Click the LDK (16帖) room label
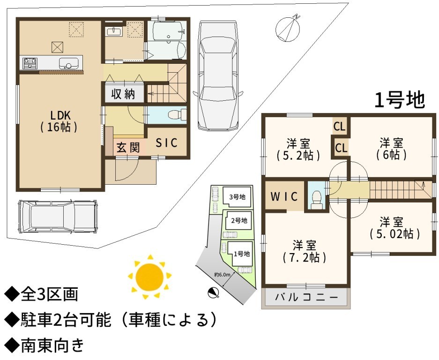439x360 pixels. [x=59, y=121]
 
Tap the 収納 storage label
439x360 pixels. [x=123, y=94]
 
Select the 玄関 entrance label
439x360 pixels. [x=128, y=147]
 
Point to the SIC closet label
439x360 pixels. [x=166, y=142]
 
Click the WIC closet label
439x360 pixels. [x=284, y=196]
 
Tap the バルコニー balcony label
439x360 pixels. [x=306, y=297]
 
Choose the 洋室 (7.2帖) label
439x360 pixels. [x=305, y=251]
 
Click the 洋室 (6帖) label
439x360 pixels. [x=391, y=149]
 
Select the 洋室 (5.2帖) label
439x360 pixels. [x=298, y=150]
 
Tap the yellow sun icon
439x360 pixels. [x=149, y=277]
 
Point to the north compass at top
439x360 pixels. [x=288, y=28]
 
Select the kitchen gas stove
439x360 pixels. [x=30, y=63]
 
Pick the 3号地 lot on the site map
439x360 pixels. [x=237, y=197]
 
